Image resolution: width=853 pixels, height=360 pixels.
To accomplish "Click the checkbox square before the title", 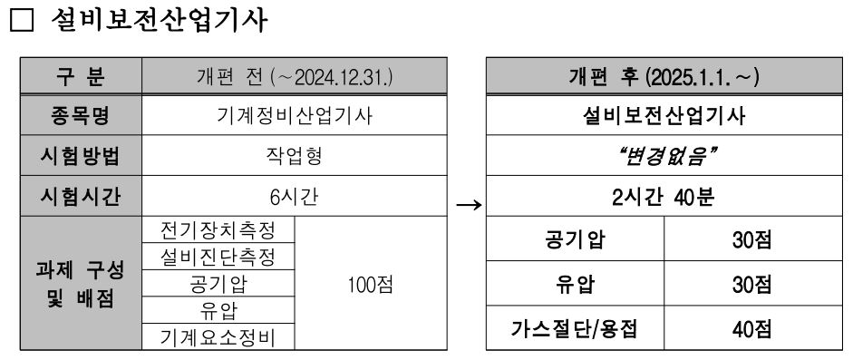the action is tap(22, 22).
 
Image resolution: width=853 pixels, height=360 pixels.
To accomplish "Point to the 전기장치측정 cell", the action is tap(218, 227).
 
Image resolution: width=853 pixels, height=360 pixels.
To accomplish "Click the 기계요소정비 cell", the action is tap(218, 338).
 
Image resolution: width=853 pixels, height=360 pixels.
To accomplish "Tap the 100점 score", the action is tap(370, 283).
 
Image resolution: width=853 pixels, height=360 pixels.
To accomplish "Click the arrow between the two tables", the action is tap(469, 205).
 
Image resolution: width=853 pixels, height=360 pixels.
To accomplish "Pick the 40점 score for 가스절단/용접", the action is tap(751, 328).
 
